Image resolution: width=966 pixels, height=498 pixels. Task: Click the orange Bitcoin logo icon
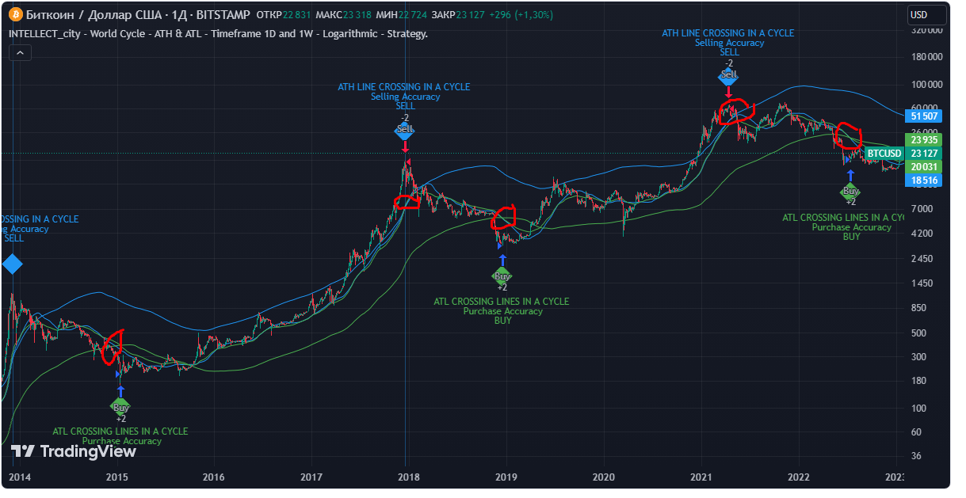[x=15, y=15]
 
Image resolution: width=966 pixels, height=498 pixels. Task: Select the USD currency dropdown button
[x=926, y=15]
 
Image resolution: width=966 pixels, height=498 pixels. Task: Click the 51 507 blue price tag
[x=925, y=116]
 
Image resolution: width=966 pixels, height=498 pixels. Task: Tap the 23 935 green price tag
[x=925, y=139]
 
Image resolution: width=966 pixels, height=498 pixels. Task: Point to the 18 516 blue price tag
[x=925, y=181]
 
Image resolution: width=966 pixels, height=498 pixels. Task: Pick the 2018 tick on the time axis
[x=409, y=477]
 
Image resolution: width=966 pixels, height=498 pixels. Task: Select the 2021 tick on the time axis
[x=701, y=477]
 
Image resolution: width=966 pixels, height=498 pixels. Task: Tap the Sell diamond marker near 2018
[x=405, y=129]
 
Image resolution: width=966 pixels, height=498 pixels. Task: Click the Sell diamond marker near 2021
[x=728, y=74]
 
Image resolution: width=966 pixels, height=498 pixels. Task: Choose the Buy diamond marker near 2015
[x=120, y=407]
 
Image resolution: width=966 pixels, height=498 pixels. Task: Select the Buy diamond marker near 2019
[x=502, y=276]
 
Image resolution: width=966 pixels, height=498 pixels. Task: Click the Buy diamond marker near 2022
[x=850, y=191]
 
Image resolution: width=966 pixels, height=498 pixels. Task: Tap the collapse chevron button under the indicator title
[x=20, y=52]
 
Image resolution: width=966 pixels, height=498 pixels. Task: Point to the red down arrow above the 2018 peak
[x=405, y=146]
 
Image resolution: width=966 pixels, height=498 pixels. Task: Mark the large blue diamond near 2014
[x=12, y=264]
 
